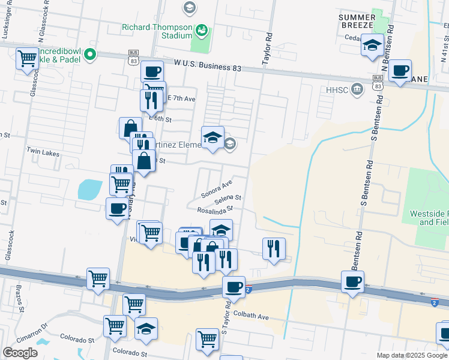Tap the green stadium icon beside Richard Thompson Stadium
pos(202,28)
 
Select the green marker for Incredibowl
pos(90,55)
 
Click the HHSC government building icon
pos(357,89)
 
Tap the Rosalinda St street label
pos(215,209)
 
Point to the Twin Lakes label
pos(43,154)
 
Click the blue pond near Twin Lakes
pos(89,190)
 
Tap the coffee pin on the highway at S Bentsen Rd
pos(352,281)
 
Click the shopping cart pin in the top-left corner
pos(27,59)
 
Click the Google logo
pos(20,353)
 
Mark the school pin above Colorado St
pos(146,329)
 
